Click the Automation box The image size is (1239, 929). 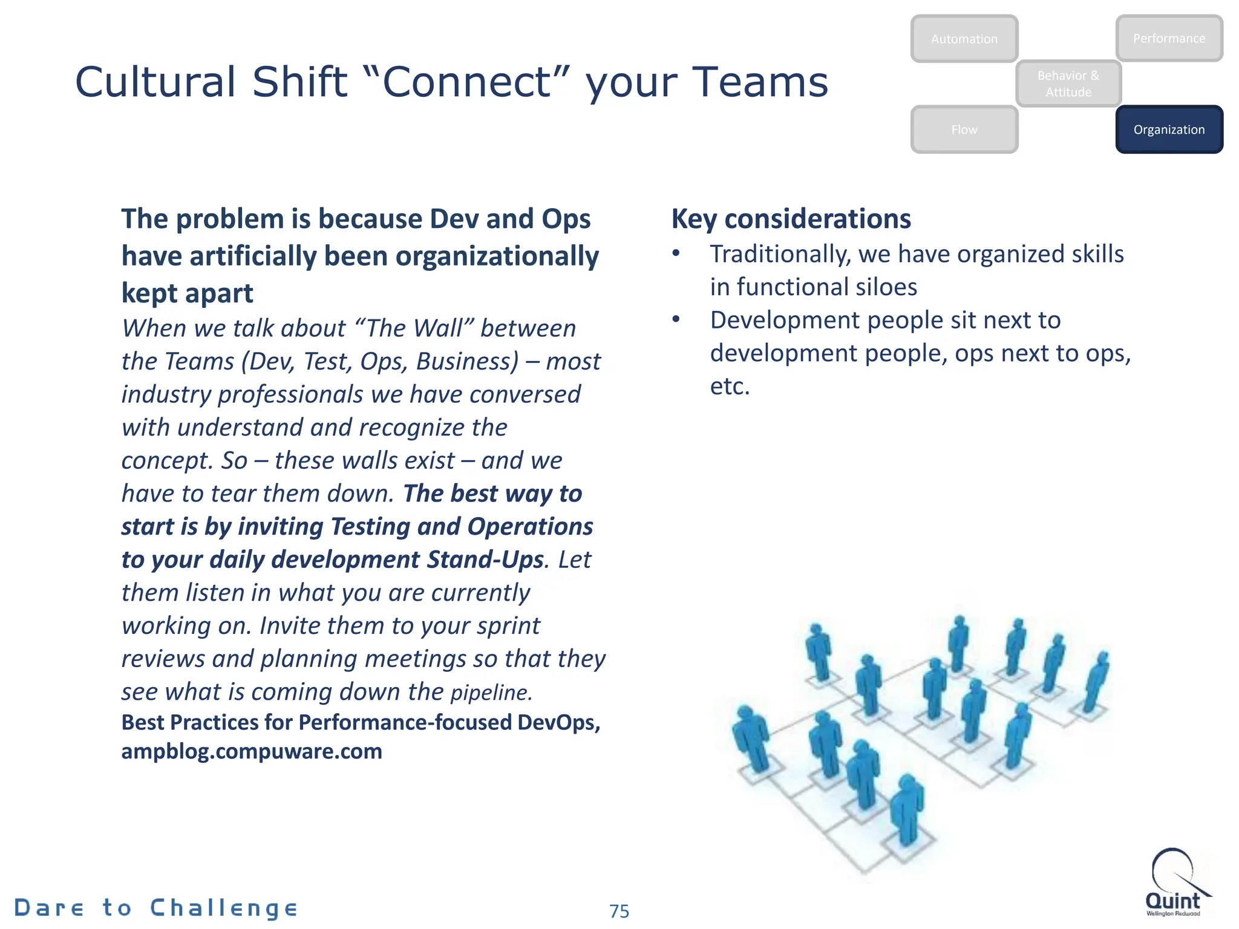point(964,39)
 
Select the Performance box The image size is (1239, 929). point(1169,38)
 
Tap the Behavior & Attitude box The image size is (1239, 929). point(1068,83)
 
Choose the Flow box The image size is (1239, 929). point(964,129)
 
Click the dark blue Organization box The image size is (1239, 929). point(1169,129)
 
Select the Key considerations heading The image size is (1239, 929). point(791,219)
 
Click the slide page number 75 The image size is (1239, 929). point(619,911)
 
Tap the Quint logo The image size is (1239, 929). point(1174,883)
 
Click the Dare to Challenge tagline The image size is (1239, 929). point(156,907)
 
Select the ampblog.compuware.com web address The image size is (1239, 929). point(252,751)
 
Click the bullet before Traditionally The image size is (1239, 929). point(676,254)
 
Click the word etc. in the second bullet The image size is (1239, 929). point(730,386)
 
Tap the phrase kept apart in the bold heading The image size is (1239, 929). point(187,293)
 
